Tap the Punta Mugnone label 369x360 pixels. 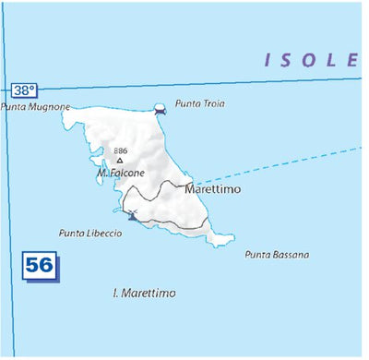click(36, 107)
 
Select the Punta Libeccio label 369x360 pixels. click(90, 234)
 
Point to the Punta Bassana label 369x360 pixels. click(277, 255)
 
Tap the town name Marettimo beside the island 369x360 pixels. click(212, 189)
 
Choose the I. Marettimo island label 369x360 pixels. click(144, 293)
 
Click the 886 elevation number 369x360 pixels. click(120, 150)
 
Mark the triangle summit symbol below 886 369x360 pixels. click(119, 160)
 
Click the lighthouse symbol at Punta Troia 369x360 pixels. click(161, 108)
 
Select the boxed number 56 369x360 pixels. click(39, 266)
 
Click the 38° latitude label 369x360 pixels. click(25, 90)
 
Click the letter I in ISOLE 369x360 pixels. click(268, 61)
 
